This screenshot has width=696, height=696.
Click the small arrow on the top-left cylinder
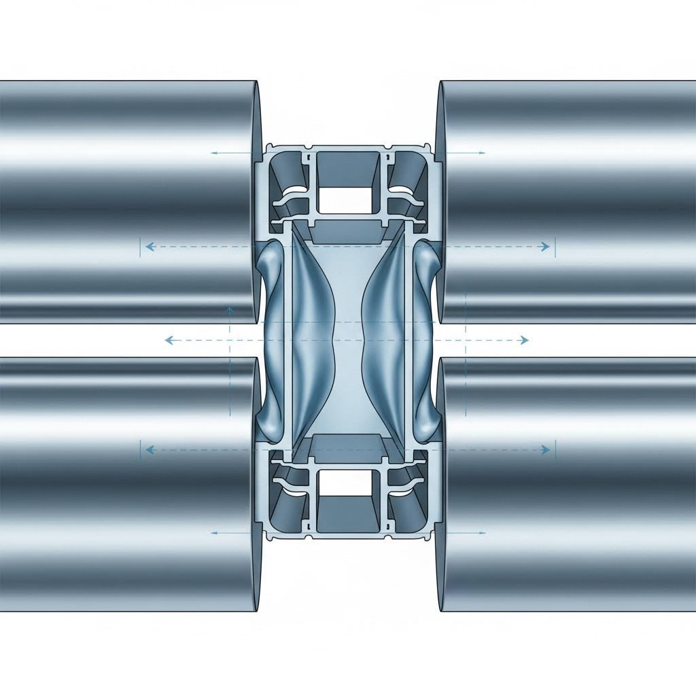(x=214, y=153)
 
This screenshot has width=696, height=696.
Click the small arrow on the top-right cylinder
(x=481, y=153)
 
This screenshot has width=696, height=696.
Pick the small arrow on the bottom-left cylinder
(x=214, y=532)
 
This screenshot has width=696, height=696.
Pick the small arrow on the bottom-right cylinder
(x=481, y=532)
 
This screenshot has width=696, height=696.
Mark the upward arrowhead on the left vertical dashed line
(x=230, y=309)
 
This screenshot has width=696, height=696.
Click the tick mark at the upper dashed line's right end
(x=555, y=247)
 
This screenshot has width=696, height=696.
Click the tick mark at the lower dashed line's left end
(x=140, y=449)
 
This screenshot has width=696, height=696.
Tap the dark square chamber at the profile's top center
(x=347, y=165)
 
